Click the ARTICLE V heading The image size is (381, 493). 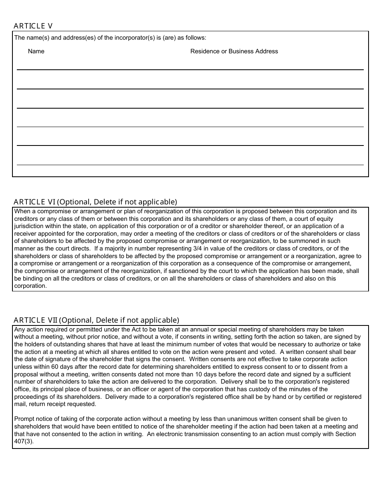pos(33,26)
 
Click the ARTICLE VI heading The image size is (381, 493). pos(35,202)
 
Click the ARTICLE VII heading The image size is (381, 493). pos(36,320)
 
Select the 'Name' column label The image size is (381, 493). pos(36,51)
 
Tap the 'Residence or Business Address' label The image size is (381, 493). pos(234,51)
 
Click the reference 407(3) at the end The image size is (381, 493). pos(24,441)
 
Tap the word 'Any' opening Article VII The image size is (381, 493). pos(20,329)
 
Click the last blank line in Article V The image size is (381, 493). pos(190,164)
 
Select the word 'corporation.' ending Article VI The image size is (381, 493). pos(31,286)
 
